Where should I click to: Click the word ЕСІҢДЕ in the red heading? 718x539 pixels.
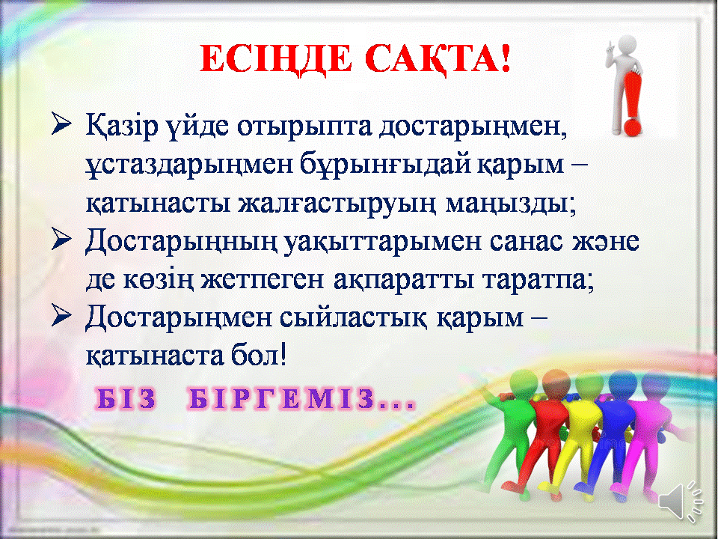pyautogui.click(x=276, y=61)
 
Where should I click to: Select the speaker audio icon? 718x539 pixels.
pyautogui.click(x=681, y=502)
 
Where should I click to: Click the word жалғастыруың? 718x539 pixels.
pyautogui.click(x=336, y=204)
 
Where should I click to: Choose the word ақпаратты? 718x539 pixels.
pyautogui.click(x=403, y=280)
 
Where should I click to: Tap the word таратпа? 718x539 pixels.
pyautogui.click(x=534, y=280)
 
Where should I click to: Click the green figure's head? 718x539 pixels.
pyautogui.click(x=522, y=381)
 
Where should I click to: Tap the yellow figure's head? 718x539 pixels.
pyautogui.click(x=589, y=383)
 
